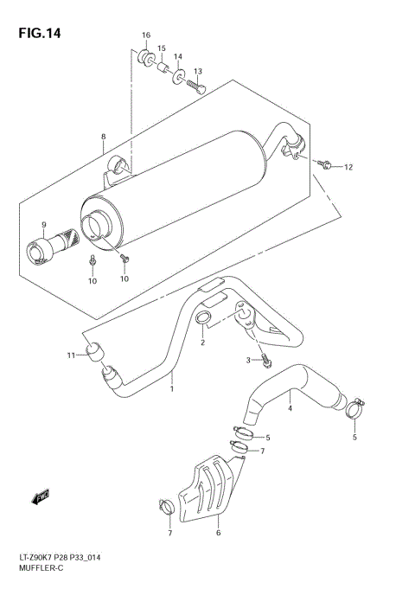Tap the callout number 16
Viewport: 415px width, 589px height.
click(146, 35)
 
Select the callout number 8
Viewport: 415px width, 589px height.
click(103, 137)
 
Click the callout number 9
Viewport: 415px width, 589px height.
click(42, 226)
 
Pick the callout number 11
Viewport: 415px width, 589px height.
click(73, 355)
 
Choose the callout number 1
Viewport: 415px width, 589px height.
click(171, 388)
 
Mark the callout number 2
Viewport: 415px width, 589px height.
click(202, 343)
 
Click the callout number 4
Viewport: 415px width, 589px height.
click(290, 408)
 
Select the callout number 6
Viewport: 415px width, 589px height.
click(218, 534)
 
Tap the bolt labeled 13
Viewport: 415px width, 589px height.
click(199, 86)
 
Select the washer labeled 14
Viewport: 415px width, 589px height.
click(177, 79)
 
